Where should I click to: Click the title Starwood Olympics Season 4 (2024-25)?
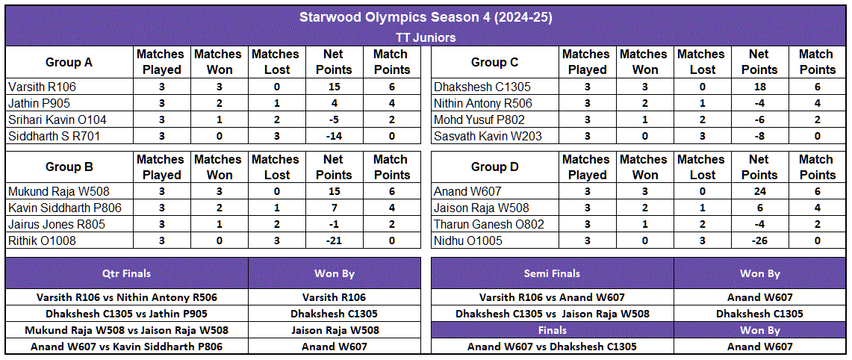pyautogui.click(x=426, y=16)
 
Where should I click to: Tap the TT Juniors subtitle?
pyautogui.click(x=426, y=37)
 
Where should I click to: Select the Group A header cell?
pyautogui.click(x=69, y=62)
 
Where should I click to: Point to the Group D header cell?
pyautogui.click(x=494, y=167)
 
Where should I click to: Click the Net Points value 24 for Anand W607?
pyautogui.click(x=759, y=192)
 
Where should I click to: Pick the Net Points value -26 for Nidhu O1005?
pyautogui.click(x=759, y=241)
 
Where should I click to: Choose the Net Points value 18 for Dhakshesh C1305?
pyautogui.click(x=759, y=87)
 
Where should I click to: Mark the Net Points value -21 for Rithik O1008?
pyautogui.click(x=333, y=241)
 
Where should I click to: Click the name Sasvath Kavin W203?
pyautogui.click(x=488, y=136)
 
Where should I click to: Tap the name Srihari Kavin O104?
pyautogui.click(x=57, y=120)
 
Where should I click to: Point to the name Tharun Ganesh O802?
pyautogui.click(x=488, y=225)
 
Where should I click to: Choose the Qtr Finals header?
pyautogui.click(x=126, y=273)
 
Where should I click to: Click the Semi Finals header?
pyautogui.click(x=552, y=273)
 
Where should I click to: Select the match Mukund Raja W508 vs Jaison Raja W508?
pyautogui.click(x=126, y=330)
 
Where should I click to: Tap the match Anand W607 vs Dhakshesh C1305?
pyautogui.click(x=552, y=347)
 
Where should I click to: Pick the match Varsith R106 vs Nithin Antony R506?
pyautogui.click(x=126, y=297)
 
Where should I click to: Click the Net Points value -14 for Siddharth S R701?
pyautogui.click(x=333, y=136)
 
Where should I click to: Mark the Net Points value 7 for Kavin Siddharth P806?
pyautogui.click(x=333, y=208)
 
